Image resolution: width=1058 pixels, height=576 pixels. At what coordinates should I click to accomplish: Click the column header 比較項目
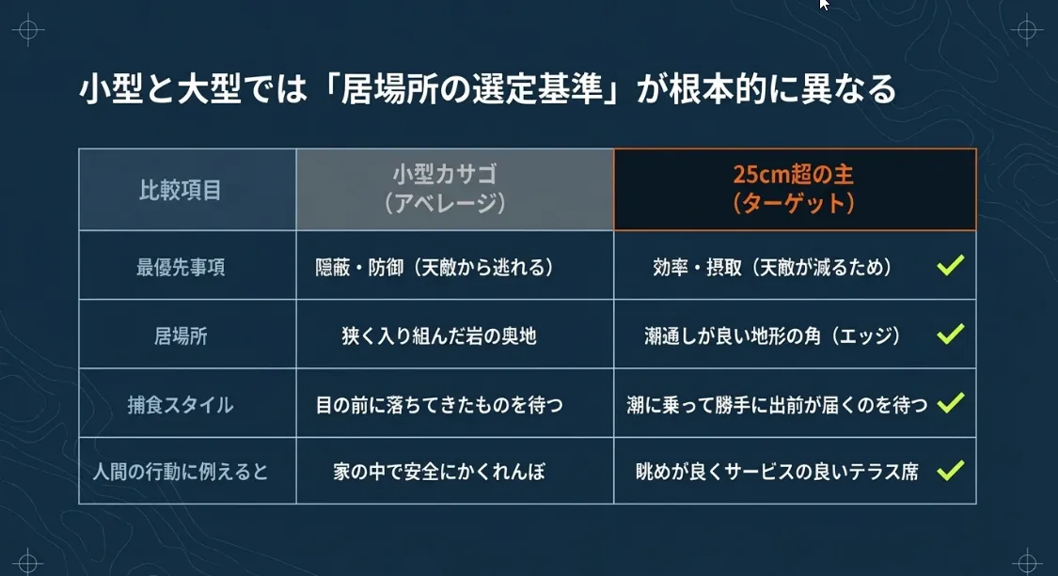[x=181, y=190]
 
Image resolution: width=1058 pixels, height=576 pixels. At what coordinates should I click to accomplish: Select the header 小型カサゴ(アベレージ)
[x=446, y=189]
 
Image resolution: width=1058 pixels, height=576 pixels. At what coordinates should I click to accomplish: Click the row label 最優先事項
[x=181, y=267]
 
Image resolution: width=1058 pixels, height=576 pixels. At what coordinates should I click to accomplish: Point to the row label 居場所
[x=181, y=335]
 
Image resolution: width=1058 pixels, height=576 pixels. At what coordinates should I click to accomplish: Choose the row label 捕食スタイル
[x=181, y=405]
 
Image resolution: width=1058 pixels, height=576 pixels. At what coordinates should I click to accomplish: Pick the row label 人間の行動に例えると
[x=181, y=471]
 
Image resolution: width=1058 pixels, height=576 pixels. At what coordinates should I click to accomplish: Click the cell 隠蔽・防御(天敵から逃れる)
[x=434, y=267]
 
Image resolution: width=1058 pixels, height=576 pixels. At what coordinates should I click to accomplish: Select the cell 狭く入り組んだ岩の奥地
[x=438, y=335]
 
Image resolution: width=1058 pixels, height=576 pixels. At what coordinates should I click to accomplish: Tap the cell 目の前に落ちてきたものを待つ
[x=438, y=405]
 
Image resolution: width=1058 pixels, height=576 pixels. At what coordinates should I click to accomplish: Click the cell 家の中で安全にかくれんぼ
[x=438, y=471]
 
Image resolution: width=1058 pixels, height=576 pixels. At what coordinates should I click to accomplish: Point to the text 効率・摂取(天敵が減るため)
[x=773, y=267]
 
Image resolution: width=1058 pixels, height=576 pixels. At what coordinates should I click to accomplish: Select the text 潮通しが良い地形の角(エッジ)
[x=773, y=335]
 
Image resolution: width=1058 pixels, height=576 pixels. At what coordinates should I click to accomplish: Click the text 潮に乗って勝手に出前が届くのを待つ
[x=777, y=405]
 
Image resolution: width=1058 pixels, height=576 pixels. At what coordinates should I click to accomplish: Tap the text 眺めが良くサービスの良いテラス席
[x=777, y=471]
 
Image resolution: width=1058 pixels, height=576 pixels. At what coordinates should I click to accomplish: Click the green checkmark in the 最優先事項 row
[x=950, y=265]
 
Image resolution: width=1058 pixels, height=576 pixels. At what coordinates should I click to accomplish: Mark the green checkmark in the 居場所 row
[x=950, y=334]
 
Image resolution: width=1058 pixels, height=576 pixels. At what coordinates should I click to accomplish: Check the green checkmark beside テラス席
[x=950, y=470]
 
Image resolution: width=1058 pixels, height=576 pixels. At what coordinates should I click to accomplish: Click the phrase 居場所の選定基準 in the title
[x=471, y=89]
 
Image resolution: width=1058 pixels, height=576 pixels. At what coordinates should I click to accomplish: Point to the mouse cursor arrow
[x=824, y=4]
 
